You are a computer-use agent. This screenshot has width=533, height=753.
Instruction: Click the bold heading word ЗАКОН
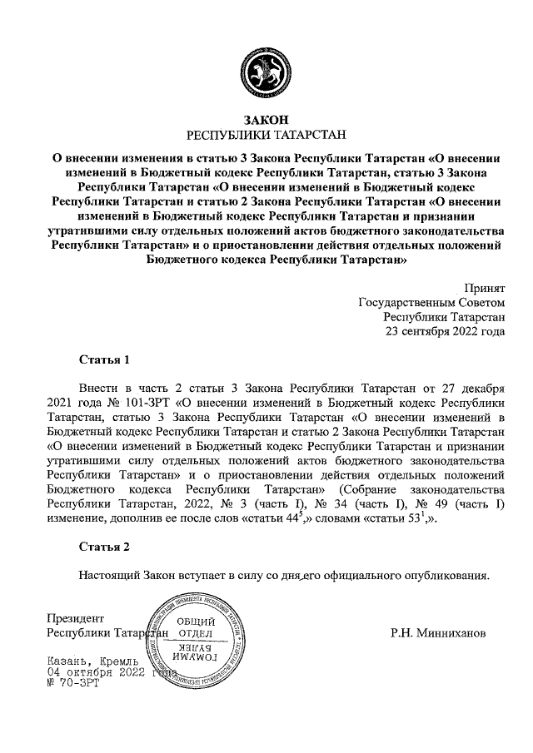coord(266,120)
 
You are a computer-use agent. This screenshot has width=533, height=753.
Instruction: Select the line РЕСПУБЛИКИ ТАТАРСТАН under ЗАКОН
coord(266,134)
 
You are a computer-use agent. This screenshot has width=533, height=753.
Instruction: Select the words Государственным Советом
coord(431,300)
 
